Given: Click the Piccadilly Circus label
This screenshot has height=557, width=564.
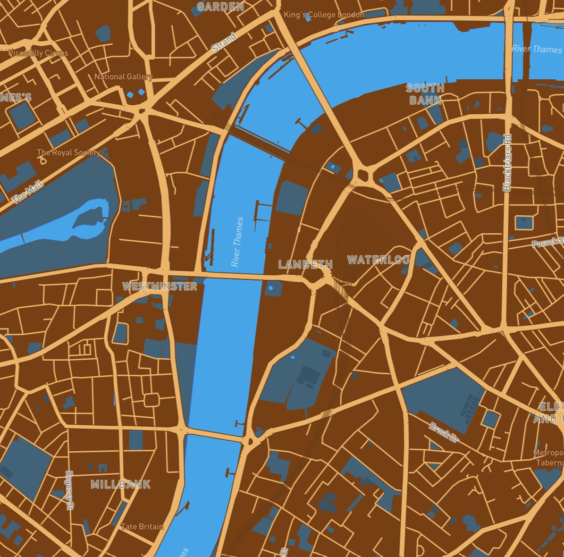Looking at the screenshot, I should pyautogui.click(x=38, y=53).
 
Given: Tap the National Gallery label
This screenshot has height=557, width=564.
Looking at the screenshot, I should pyautogui.click(x=123, y=76).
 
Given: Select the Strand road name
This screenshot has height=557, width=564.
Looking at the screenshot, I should pyautogui.click(x=224, y=43).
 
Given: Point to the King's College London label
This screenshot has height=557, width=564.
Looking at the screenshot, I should pyautogui.click(x=324, y=15).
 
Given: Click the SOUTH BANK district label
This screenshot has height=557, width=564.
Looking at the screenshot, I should pyautogui.click(x=425, y=94).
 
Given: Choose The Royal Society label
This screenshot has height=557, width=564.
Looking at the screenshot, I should pyautogui.click(x=68, y=152).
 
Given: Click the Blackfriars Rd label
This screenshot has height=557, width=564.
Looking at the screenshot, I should pyautogui.click(x=507, y=163).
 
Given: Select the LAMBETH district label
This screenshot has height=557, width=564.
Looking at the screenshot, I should pyautogui.click(x=305, y=264).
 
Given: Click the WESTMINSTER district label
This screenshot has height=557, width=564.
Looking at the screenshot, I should pyautogui.click(x=160, y=286).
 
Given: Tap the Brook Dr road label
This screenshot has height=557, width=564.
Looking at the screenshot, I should pyautogui.click(x=444, y=432).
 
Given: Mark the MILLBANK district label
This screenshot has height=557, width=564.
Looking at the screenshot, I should pyautogui.click(x=120, y=484).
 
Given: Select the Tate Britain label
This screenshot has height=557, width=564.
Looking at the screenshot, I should pyautogui.click(x=142, y=526).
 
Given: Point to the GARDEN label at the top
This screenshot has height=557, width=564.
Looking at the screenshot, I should pyautogui.click(x=220, y=7).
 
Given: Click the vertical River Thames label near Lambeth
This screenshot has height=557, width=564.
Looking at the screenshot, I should pyautogui.click(x=237, y=242).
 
